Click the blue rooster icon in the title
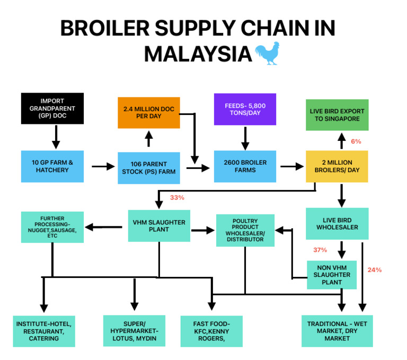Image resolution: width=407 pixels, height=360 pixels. pyautogui.click(x=267, y=54)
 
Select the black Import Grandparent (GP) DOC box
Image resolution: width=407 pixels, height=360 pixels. pyautogui.click(x=52, y=109)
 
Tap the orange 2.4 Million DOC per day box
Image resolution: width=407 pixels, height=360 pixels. pyautogui.click(x=148, y=113)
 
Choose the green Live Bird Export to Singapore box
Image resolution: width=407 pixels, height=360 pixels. pyautogui.click(x=337, y=115)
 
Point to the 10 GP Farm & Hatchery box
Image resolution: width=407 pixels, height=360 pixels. pyautogui.click(x=52, y=166)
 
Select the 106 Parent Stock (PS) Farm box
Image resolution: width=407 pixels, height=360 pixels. pyautogui.click(x=148, y=167)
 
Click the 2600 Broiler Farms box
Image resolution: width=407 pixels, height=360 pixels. pyautogui.click(x=245, y=166)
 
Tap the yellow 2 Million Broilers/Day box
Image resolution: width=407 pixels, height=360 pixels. pyautogui.click(x=337, y=166)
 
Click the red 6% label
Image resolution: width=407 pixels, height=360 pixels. pyautogui.click(x=356, y=141)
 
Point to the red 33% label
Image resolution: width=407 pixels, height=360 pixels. pyautogui.click(x=177, y=197)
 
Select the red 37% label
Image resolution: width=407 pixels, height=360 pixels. pyautogui.click(x=320, y=250)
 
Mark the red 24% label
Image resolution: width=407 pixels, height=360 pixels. pyautogui.click(x=375, y=269)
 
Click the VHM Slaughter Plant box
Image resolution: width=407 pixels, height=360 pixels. pyautogui.click(x=159, y=226)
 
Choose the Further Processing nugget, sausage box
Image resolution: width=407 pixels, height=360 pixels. pyautogui.click(x=52, y=227)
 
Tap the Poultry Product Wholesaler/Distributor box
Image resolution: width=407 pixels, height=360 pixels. pyautogui.click(x=245, y=230)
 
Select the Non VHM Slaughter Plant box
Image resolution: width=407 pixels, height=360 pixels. pyautogui.click(x=332, y=275)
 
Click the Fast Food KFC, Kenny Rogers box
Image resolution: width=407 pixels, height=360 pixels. pyautogui.click(x=211, y=331)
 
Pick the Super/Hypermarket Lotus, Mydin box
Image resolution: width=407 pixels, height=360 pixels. pyautogui.click(x=135, y=331)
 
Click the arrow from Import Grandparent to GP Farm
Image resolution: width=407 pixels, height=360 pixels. pyautogui.click(x=56, y=137)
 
